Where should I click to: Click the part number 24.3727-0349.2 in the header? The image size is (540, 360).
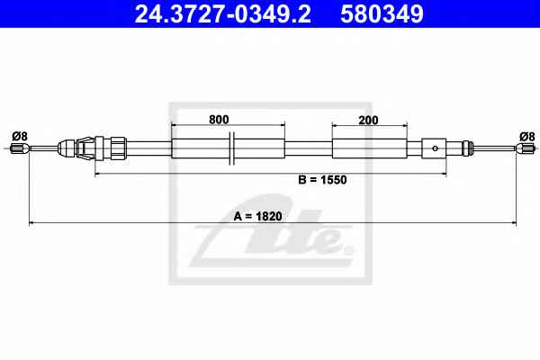tap(223, 14)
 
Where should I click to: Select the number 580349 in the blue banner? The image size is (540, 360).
tap(382, 14)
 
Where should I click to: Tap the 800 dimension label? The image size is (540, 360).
tap(219, 120)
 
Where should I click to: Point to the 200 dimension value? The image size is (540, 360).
tap(368, 121)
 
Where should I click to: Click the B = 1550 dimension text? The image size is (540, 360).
tap(322, 180)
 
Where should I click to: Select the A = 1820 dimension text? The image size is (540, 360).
tap(258, 216)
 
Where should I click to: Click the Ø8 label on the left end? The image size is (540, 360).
tap(20, 137)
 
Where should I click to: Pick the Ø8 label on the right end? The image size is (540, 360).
tap(527, 137)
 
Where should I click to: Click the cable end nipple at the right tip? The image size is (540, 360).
tap(526, 148)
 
